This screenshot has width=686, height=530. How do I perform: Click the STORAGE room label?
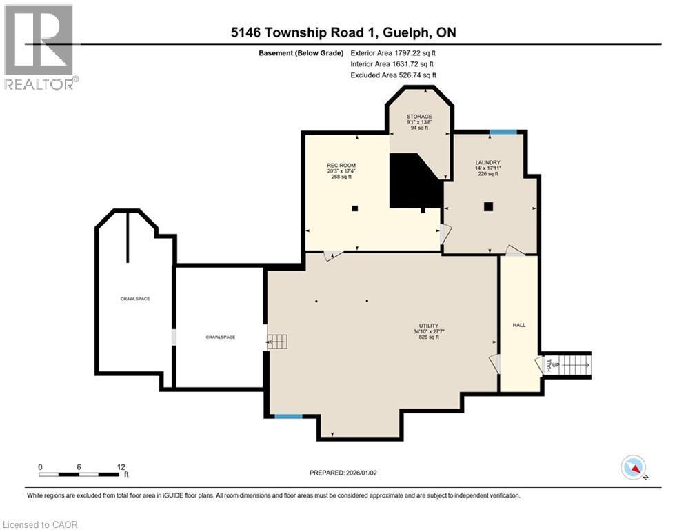(x=419, y=117)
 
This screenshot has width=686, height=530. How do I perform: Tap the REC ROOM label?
(x=341, y=166)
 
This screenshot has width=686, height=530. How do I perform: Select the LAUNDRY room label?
(x=488, y=162)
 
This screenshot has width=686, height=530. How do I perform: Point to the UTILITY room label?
(x=429, y=326)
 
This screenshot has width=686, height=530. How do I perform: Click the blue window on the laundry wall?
(x=503, y=132)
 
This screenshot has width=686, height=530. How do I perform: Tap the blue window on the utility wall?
(x=288, y=416)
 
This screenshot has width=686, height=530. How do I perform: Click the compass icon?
(x=634, y=467)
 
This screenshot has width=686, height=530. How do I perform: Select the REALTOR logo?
(x=39, y=47)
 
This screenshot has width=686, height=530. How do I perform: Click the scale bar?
(x=79, y=474)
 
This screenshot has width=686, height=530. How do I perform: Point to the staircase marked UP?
(x=574, y=364)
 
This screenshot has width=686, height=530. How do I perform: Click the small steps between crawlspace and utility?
(x=277, y=342)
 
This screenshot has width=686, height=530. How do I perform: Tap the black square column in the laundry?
(x=488, y=207)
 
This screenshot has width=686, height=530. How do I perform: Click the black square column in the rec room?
(x=355, y=208)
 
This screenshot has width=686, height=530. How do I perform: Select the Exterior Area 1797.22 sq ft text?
(x=393, y=53)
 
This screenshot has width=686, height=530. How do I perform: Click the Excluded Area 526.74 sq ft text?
(x=393, y=75)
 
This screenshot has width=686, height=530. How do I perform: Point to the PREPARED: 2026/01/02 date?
(x=343, y=473)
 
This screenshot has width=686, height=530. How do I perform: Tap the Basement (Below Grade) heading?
(x=301, y=53)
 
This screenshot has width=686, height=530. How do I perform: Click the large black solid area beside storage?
(x=416, y=181)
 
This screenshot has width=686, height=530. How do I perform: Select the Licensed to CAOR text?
(x=40, y=524)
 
